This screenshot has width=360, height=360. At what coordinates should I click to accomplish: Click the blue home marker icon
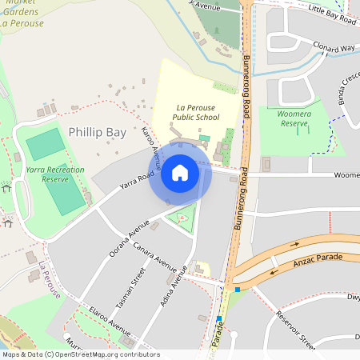pos(180,173)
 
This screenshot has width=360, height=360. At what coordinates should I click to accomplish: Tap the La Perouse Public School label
pos(196,111)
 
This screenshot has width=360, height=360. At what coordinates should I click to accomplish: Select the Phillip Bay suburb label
pos(98,131)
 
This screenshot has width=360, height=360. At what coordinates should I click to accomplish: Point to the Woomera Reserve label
pos(294,118)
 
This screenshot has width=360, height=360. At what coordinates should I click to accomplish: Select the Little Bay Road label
pos(332,14)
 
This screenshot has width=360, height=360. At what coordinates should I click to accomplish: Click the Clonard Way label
pos(334,47)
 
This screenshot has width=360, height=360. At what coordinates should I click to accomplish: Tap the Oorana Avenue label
pos(130,235)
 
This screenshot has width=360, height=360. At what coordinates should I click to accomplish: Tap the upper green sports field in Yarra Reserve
pos(45,145)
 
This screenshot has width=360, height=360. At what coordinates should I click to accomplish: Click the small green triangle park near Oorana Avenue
pos(184,218)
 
